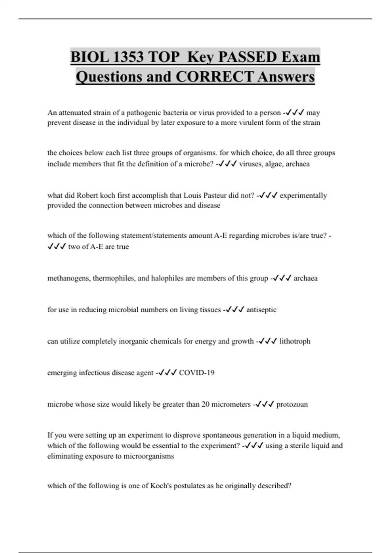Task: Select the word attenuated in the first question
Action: [x=75, y=113]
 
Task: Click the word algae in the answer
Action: [x=274, y=164]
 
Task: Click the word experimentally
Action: [x=303, y=196]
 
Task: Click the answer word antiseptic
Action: [x=261, y=310]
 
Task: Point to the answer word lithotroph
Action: [x=295, y=341]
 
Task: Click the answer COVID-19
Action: [x=197, y=373]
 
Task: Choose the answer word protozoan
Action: [x=292, y=404]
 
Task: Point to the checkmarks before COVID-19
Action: [x=167, y=373]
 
